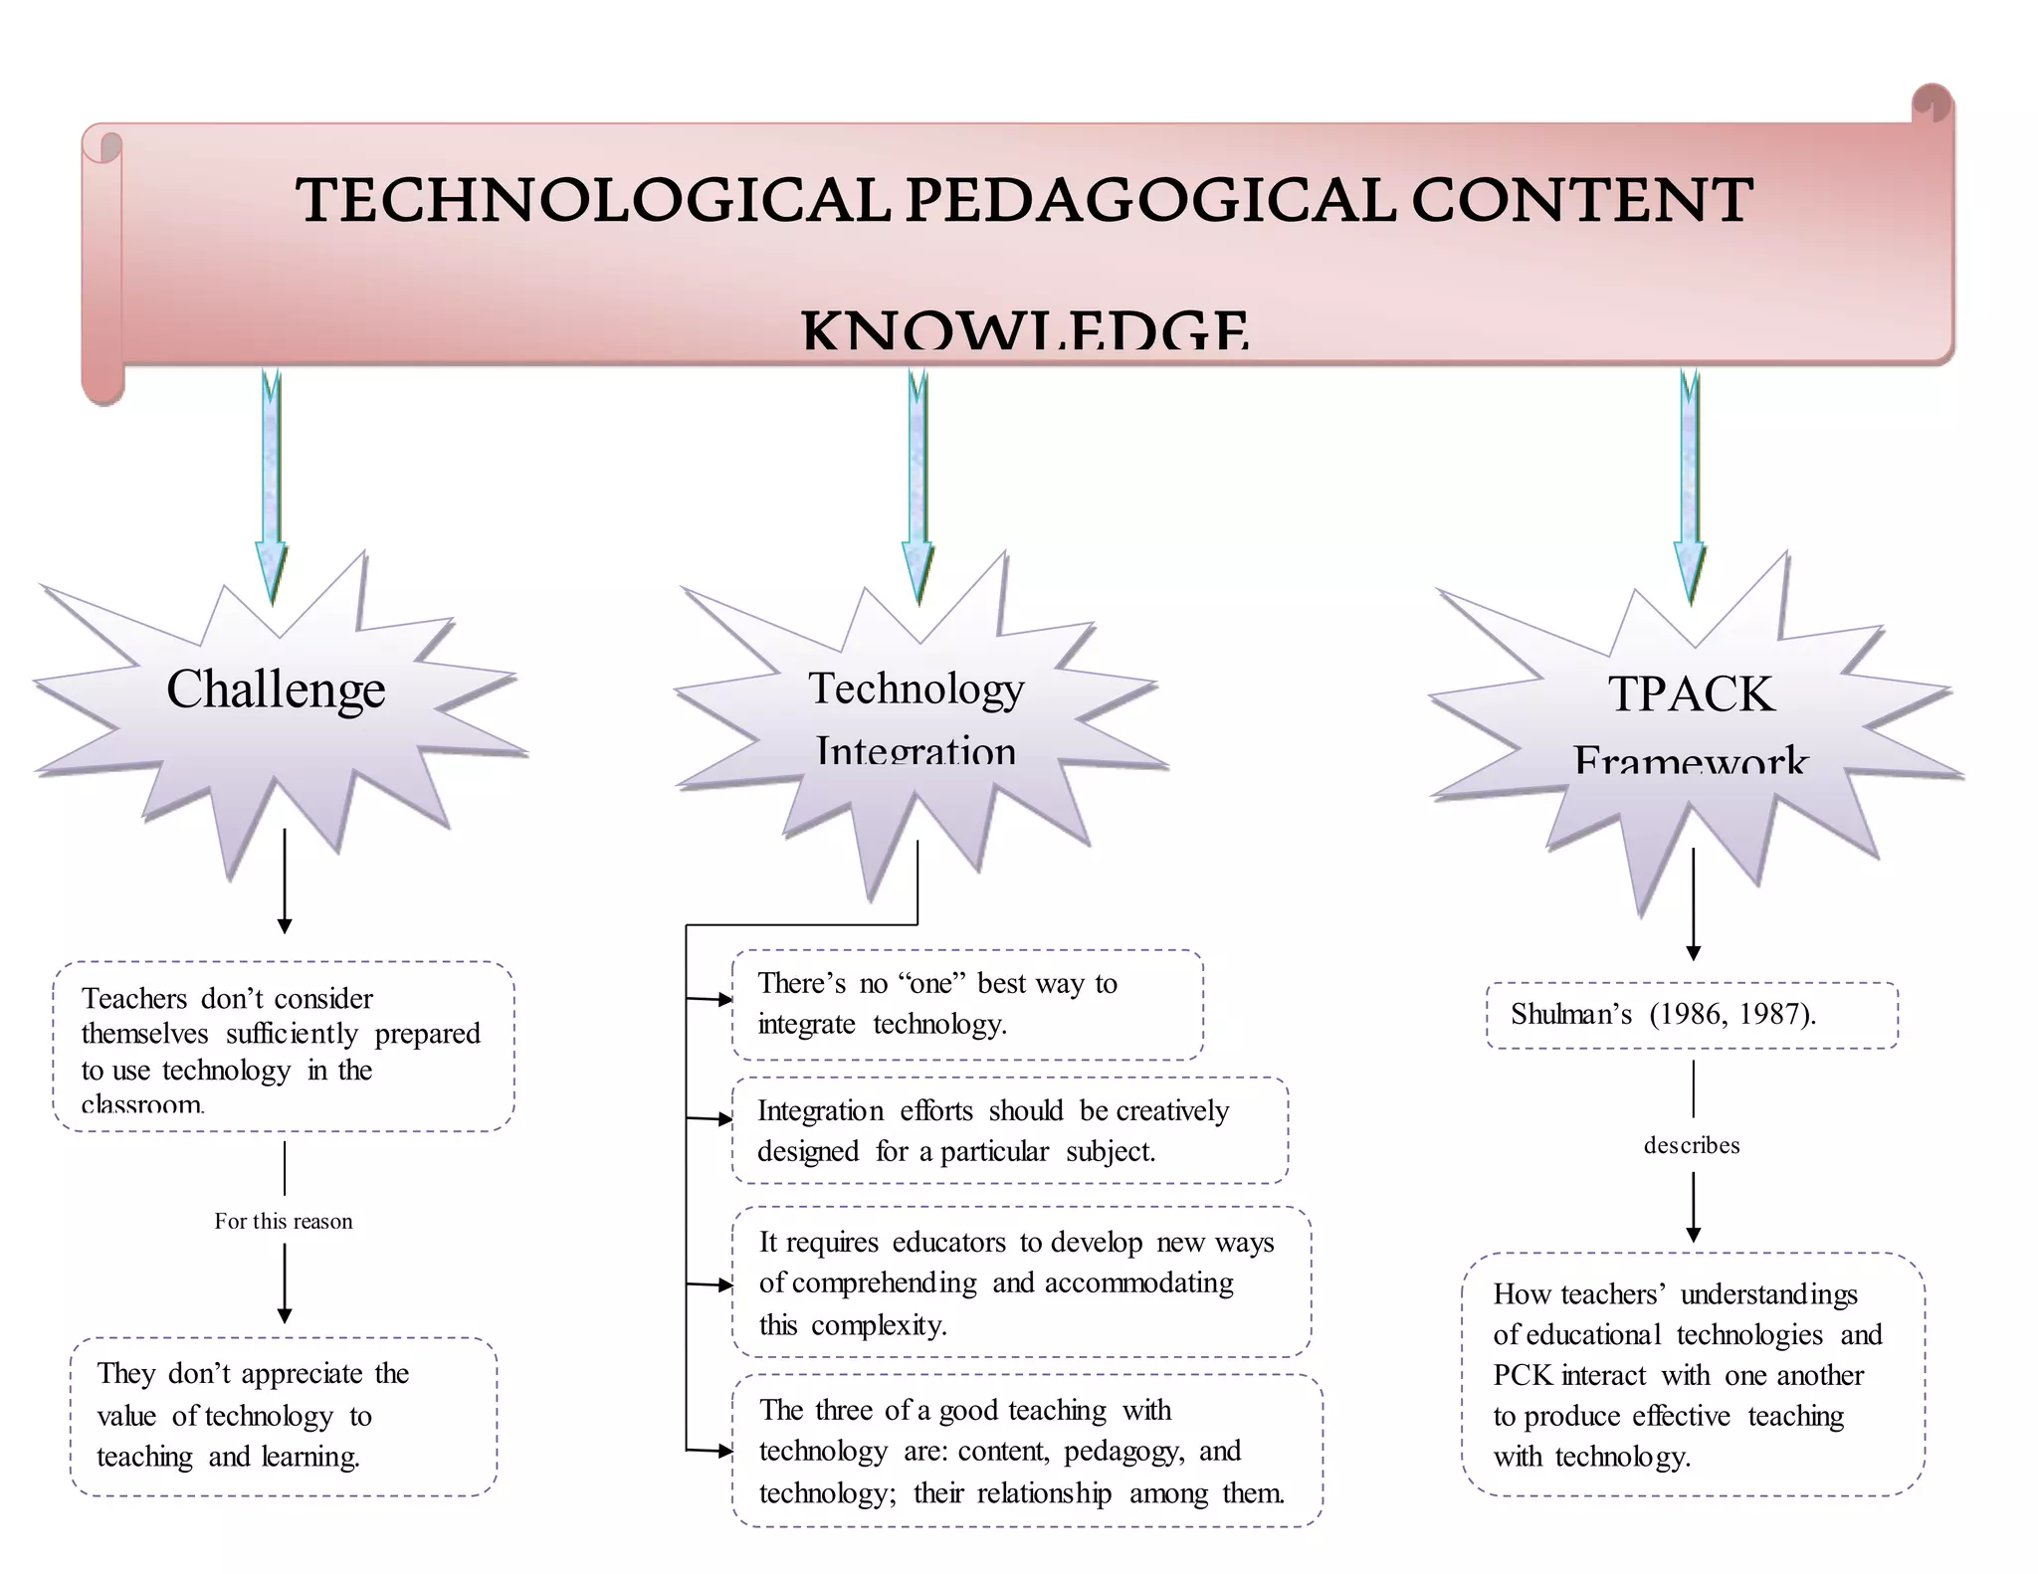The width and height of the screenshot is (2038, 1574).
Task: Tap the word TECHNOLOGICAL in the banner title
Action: [592, 199]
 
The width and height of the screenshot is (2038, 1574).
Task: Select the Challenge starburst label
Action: [276, 689]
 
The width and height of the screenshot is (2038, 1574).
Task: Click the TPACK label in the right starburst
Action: [1691, 693]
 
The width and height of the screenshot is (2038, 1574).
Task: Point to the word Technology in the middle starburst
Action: [916, 688]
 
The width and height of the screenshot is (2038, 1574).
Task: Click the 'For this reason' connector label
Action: [284, 1221]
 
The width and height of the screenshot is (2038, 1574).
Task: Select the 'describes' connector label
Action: [1692, 1145]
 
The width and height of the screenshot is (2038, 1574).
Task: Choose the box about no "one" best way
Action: [967, 1004]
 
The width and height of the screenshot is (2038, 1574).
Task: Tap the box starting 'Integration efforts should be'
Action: [1009, 1130]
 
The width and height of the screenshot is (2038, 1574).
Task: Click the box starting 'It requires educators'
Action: [1021, 1282]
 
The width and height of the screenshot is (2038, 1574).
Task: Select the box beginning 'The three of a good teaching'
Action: [1026, 1451]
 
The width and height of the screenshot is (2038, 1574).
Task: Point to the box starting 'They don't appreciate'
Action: [284, 1416]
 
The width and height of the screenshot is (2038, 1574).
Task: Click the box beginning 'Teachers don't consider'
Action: [284, 1046]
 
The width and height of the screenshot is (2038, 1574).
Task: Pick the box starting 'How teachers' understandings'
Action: [1693, 1374]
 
